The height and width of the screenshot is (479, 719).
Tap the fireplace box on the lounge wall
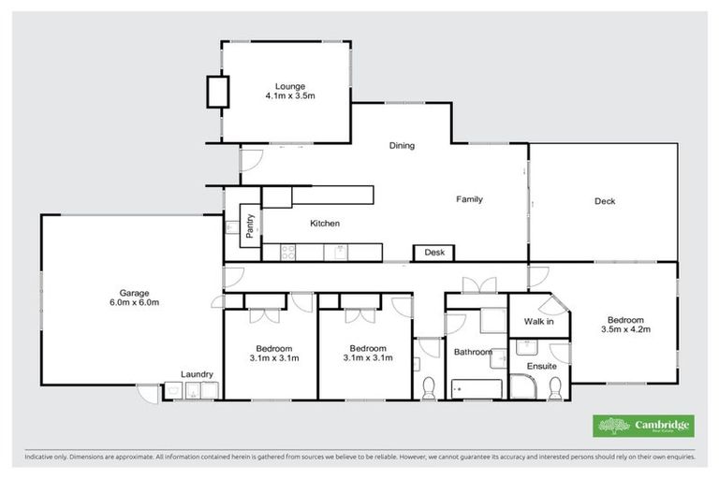click(x=217, y=92)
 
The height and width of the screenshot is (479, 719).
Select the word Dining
click(x=402, y=146)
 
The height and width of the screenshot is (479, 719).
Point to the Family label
click(x=469, y=199)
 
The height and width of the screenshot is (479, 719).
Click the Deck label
click(x=604, y=200)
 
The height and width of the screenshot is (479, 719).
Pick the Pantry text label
click(x=250, y=227)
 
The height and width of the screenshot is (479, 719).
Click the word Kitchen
click(x=324, y=224)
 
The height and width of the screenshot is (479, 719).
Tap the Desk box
click(x=433, y=253)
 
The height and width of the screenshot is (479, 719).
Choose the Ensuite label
click(x=541, y=367)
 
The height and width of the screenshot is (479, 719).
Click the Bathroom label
click(x=473, y=352)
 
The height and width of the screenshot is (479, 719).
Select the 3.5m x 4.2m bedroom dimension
click(x=626, y=329)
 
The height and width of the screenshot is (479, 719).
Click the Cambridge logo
click(x=643, y=426)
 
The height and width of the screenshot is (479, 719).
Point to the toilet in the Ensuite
click(x=554, y=386)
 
